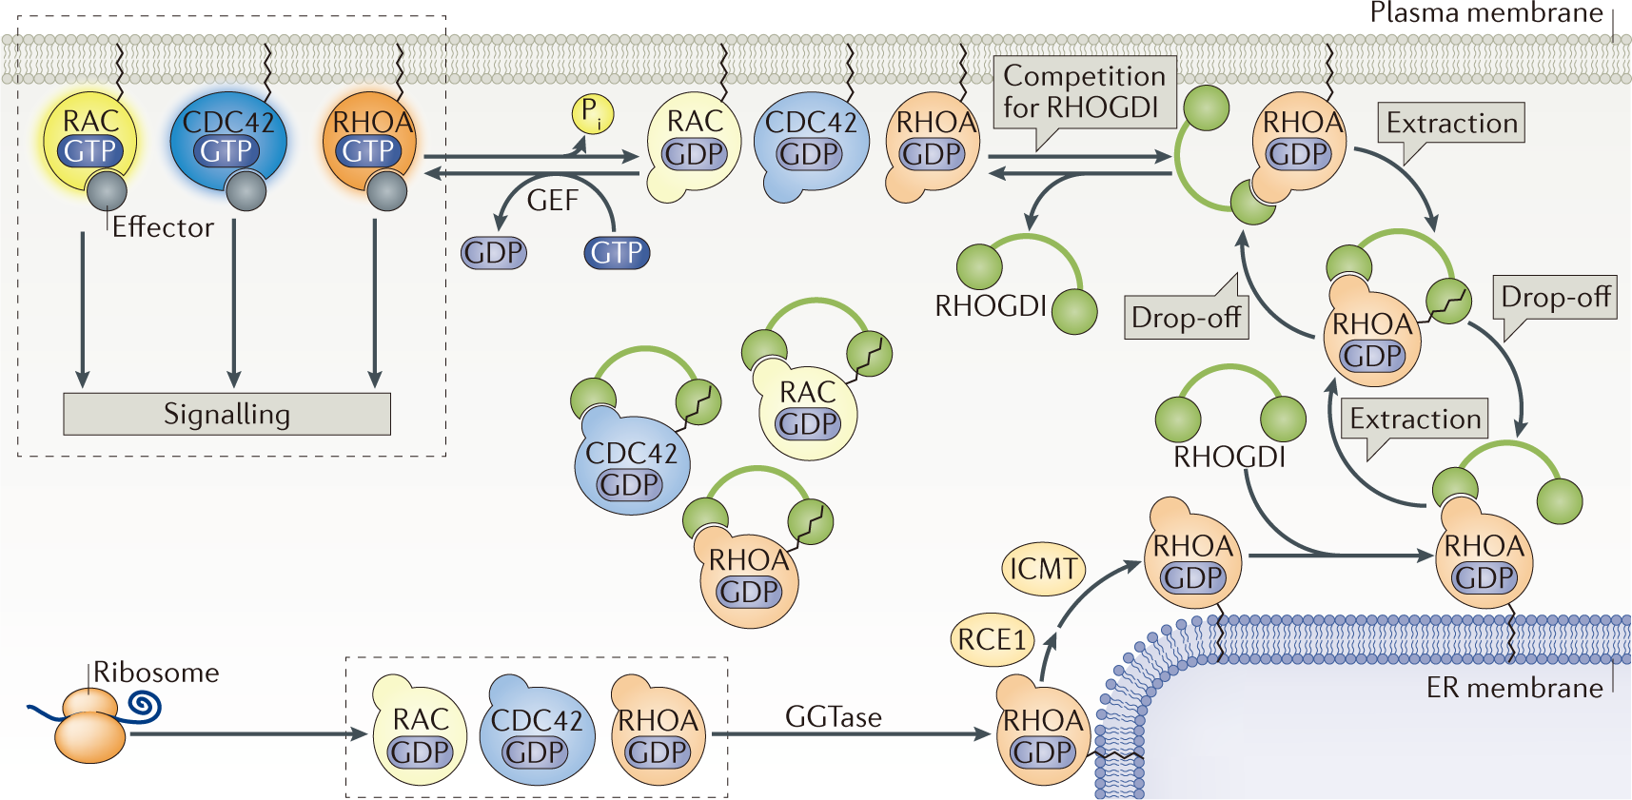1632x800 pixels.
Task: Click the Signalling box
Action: click(226, 414)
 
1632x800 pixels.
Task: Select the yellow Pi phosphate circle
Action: click(592, 114)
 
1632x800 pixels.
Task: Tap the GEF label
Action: click(553, 201)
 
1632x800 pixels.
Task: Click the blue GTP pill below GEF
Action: click(617, 253)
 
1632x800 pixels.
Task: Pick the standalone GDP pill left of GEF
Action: click(493, 253)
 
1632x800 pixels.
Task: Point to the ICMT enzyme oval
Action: click(1043, 569)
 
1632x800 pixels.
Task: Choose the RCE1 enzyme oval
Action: click(992, 639)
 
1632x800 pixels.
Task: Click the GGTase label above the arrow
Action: click(833, 717)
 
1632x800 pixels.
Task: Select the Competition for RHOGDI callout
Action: click(1084, 92)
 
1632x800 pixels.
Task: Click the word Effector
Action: click(163, 227)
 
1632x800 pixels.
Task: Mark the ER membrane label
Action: click(1513, 688)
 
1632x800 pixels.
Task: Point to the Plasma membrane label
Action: click(1485, 13)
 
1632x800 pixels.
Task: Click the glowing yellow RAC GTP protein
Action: click(90, 138)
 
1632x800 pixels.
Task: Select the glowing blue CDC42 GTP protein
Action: click(227, 138)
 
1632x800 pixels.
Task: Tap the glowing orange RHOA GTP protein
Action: click(370, 138)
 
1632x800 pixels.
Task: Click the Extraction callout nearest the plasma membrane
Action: click(1450, 124)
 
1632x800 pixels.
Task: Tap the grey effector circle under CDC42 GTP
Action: click(246, 191)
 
